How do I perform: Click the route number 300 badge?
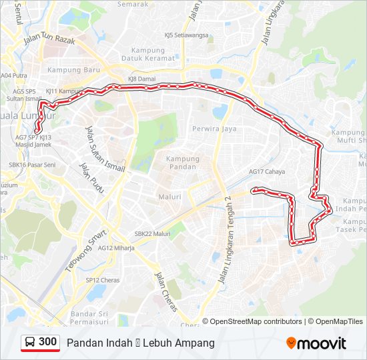pyautogui.click(x=40, y=343)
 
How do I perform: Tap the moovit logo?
pyautogui.click(x=316, y=343)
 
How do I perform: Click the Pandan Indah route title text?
pyautogui.click(x=140, y=343)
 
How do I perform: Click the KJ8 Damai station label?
pyautogui.click(x=141, y=79)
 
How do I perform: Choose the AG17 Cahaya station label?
pyautogui.click(x=267, y=172)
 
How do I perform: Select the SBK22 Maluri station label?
pyautogui.click(x=153, y=234)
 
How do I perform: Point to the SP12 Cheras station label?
pyautogui.click(x=101, y=280)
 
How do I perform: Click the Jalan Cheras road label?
pyautogui.click(x=165, y=286)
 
